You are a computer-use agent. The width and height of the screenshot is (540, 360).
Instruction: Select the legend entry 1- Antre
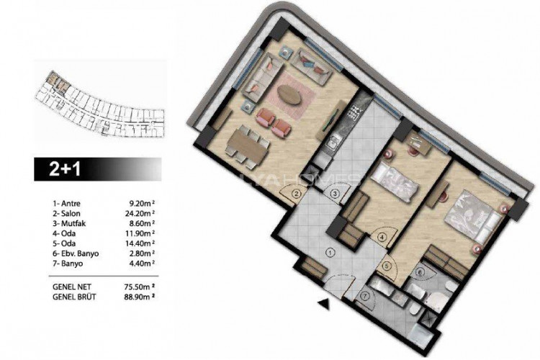tap(68, 204)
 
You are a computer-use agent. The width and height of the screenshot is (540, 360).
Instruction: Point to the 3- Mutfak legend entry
tap(71, 224)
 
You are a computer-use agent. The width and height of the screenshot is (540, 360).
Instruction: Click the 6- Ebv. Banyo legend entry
tap(76, 254)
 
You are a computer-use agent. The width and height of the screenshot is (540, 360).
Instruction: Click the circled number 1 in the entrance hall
tap(330, 252)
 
